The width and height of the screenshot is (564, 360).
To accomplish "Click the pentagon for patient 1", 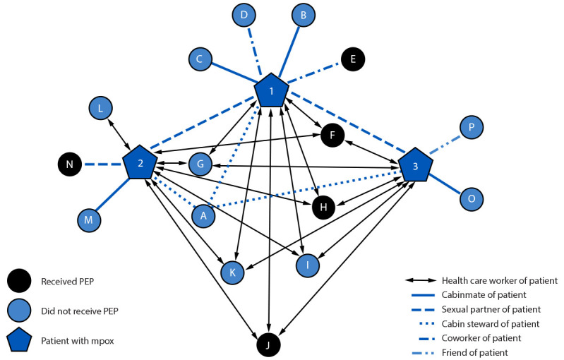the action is tap(271, 90).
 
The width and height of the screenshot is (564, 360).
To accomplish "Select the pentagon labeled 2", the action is tap(140, 162).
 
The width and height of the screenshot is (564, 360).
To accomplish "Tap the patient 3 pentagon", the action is tap(416, 165).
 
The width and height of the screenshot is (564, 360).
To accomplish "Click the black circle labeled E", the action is tap(353, 59).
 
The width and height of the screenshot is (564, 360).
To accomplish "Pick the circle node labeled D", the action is tap(244, 15).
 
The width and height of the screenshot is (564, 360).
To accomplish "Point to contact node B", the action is tap(304, 15).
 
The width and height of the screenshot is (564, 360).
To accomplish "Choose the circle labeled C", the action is tap(200, 59).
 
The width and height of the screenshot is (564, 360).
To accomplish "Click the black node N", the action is tap(69, 164).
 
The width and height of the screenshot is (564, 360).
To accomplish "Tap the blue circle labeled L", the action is tap(100, 108).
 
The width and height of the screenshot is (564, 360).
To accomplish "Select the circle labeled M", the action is tap(89, 220).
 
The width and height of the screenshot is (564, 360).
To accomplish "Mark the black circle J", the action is tap(268, 345).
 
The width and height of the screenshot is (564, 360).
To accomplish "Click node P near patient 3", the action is tap(472, 127).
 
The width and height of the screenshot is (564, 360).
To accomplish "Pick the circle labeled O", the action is tap(472, 198).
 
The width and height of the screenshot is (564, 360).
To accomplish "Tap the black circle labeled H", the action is tap(323, 207).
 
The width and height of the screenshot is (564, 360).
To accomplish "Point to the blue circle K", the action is tap(232, 272).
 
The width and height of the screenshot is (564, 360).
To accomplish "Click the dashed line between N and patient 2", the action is tap(102, 164).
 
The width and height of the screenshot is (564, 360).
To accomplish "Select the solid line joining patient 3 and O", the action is tap(445, 184).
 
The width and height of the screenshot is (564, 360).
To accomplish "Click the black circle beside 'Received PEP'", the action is tap(19, 281).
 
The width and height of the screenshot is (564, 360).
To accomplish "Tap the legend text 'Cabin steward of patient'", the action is tap(491, 324).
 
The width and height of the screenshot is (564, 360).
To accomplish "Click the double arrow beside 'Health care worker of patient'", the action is tap(421, 280).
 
